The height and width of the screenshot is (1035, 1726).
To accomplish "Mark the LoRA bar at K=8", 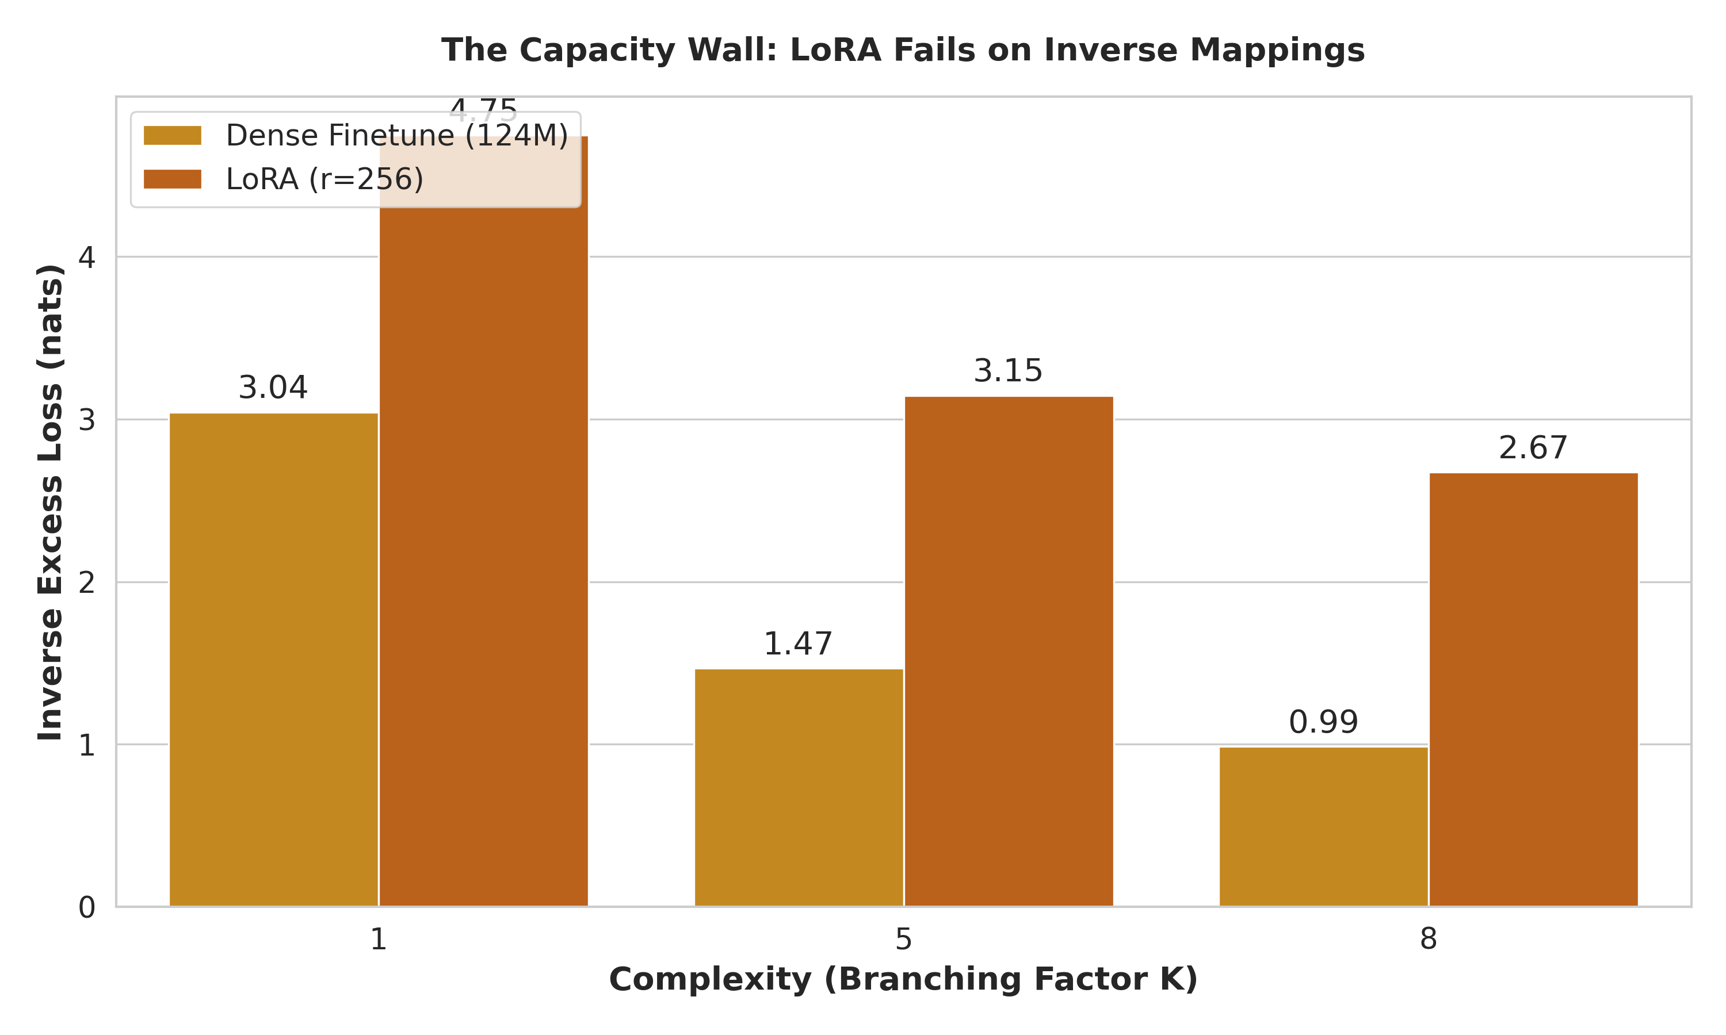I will point(1533,690).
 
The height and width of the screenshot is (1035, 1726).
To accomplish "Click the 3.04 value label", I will point(273,388).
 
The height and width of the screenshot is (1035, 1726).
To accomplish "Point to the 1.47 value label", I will point(798,644).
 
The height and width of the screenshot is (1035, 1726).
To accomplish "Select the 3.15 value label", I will point(1008,371).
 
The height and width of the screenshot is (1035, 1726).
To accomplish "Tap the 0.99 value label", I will point(1323,723).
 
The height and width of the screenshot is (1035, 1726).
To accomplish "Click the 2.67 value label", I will point(1533,448).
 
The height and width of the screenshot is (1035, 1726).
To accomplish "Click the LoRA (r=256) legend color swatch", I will point(173,179).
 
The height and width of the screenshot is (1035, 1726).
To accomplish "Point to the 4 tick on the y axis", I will point(86,258).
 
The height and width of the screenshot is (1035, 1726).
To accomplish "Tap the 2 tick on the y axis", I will point(86,582).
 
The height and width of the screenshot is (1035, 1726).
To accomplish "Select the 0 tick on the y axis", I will point(86,908).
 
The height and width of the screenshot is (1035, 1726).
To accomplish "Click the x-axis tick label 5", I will point(903,940).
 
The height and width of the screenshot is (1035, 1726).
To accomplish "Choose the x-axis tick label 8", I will point(1428,940).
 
